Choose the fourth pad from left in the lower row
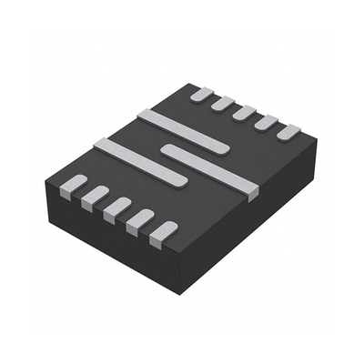[x=138, y=219]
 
